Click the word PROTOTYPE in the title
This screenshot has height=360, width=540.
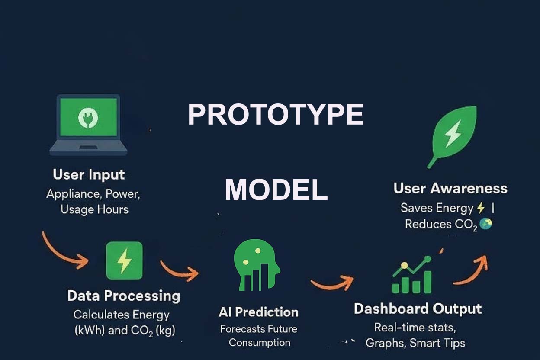pyautogui.click(x=276, y=115)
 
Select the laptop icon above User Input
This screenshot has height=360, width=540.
pyautogui.click(x=88, y=125)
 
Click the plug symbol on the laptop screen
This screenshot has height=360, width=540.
pyautogui.click(x=88, y=117)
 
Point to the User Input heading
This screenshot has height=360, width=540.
pyautogui.click(x=89, y=175)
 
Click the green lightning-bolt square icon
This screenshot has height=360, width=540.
pyautogui.click(x=124, y=260)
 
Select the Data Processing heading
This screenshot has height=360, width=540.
pyautogui.click(x=124, y=296)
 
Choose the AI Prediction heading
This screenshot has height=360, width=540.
pyautogui.click(x=258, y=312)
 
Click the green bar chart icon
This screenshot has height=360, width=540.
pyautogui.click(x=412, y=276)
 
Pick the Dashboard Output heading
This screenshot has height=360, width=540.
pyautogui.click(x=418, y=309)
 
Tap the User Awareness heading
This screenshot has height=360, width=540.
pyautogui.click(x=450, y=189)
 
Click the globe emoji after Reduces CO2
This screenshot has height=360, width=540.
pyautogui.click(x=485, y=224)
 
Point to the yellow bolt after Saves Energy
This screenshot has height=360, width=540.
pyautogui.click(x=480, y=208)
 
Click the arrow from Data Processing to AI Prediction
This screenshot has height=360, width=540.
pyautogui.click(x=178, y=269)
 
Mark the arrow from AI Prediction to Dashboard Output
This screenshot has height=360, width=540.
pyautogui.click(x=332, y=283)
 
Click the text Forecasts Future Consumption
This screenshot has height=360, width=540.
pyautogui.click(x=259, y=336)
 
